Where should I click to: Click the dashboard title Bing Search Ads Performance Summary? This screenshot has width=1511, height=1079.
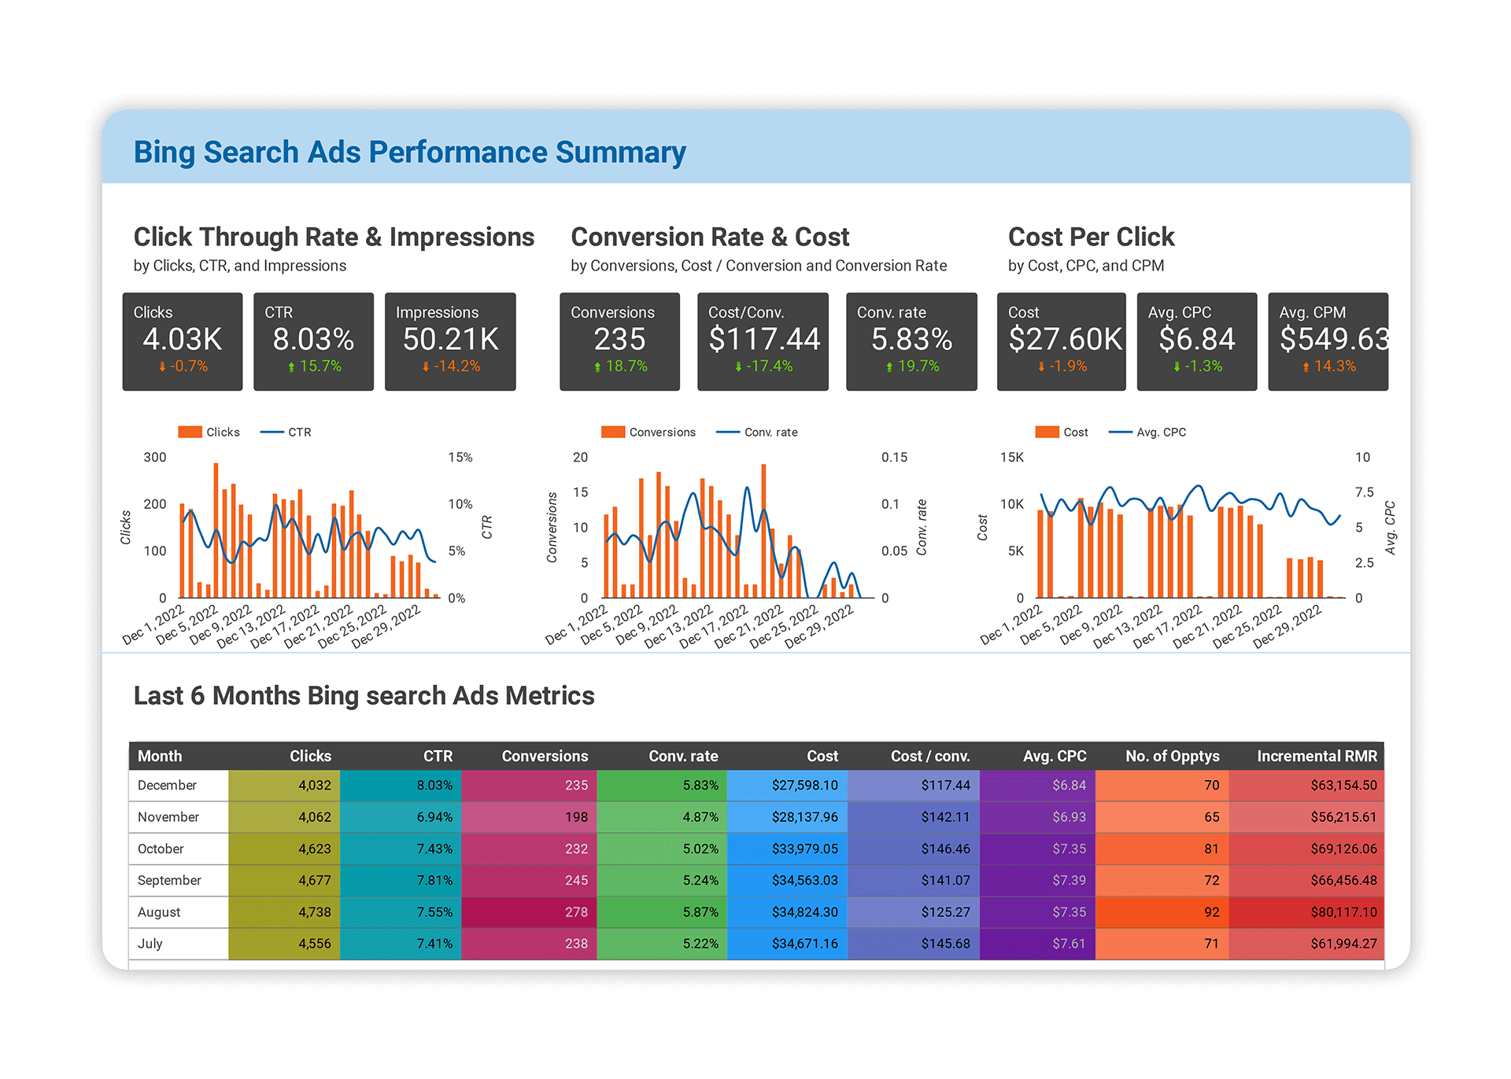point(409,153)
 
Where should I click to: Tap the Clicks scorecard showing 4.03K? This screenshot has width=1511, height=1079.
point(183,340)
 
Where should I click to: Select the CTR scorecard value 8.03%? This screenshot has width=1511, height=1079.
point(313,340)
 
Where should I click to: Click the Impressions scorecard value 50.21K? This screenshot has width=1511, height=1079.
point(450,340)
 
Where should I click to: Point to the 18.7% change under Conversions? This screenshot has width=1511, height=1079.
point(621,366)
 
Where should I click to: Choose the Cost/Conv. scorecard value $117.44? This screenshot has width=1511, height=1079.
point(763,340)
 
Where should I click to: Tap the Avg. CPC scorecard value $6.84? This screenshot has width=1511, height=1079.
point(1196,340)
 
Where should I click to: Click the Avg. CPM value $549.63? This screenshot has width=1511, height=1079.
point(1333,340)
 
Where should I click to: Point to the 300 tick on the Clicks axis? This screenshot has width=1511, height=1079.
point(155,458)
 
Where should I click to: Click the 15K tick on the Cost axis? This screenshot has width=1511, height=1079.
point(1011,458)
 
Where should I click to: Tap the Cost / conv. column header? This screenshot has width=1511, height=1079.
point(929,757)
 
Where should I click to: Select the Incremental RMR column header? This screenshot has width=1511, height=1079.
point(1317,757)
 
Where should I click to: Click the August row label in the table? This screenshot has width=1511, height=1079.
point(159,912)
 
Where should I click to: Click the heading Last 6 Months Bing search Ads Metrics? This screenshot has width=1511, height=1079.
point(364,696)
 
